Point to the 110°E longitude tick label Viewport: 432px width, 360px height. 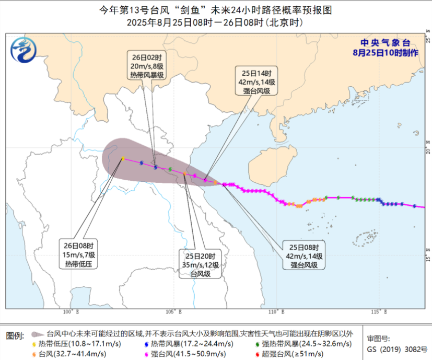pyautogui.click(x=276, y=312)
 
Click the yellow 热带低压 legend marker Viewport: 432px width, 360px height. pyautogui.click(x=34, y=344)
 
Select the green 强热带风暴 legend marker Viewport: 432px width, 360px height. pyautogui.click(x=258, y=344)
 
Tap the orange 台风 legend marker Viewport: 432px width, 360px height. pyautogui.click(x=34, y=354)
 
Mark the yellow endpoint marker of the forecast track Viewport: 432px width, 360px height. pyautogui.click(x=122, y=158)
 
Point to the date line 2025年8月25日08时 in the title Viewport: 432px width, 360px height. pyautogui.click(x=167, y=23)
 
